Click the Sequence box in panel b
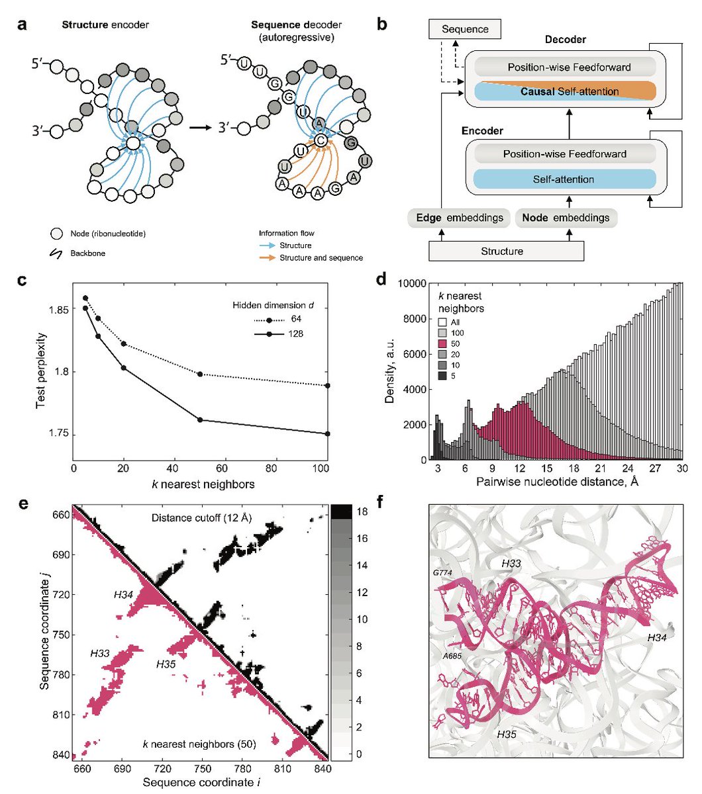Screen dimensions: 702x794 tap(465, 29)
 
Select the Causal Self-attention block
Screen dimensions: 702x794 tap(562, 91)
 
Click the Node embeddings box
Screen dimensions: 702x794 tap(566, 218)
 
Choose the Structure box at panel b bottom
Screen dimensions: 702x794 tap(506, 251)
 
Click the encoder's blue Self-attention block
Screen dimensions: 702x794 tap(562, 179)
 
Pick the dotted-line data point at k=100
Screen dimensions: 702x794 tap(327, 385)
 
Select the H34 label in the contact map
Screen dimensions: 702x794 tap(124, 595)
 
